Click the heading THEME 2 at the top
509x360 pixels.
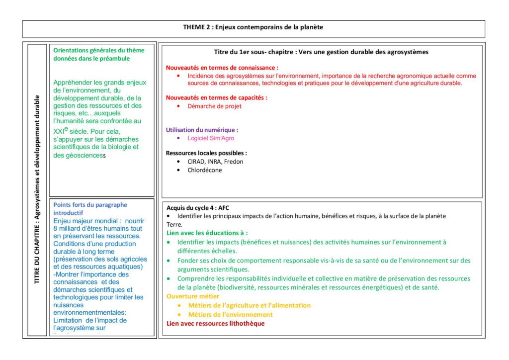(x=253, y=27)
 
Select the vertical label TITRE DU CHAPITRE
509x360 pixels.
(x=37, y=191)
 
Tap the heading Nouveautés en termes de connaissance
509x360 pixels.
(x=222, y=67)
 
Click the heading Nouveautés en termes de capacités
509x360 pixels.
(x=216, y=98)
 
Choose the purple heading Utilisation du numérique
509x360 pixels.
(x=205, y=130)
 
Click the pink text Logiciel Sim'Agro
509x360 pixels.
(x=211, y=138)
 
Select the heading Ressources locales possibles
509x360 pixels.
(x=206, y=153)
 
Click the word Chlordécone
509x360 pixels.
(x=205, y=170)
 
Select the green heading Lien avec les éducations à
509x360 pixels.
(x=207, y=233)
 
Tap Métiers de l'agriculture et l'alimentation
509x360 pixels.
(x=249, y=305)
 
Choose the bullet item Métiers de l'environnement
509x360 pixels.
(x=230, y=314)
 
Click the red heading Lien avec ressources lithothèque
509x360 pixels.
(x=215, y=323)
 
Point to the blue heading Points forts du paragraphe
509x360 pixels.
(x=90, y=205)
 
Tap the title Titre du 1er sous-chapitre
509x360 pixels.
(x=321, y=52)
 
